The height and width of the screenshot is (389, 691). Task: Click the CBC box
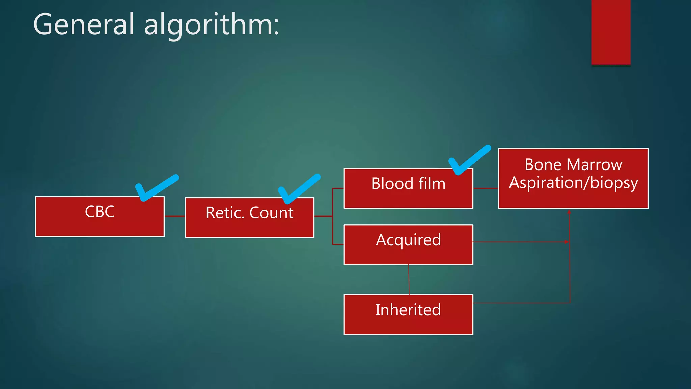pos(100,216)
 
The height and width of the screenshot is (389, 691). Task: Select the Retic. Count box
pos(249,218)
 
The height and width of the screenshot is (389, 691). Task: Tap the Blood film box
pos(408,188)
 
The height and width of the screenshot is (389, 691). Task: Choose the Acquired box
pos(408,244)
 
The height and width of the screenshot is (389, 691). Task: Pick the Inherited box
pos(408,314)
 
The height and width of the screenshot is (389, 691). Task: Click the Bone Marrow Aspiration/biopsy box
pos(573,178)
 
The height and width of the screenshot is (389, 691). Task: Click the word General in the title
pos(84,25)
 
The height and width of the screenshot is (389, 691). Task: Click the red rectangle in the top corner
pos(611,32)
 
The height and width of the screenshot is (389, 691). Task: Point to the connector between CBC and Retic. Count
pos(174,216)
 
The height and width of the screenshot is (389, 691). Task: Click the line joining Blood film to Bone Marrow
pos(486,188)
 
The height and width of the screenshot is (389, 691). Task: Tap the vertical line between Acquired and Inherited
pos(409,280)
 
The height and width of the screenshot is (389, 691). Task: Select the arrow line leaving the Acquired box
pos(520,242)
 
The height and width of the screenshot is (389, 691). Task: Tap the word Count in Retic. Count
pos(271,213)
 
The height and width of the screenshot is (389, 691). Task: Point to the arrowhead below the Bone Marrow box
pos(569,212)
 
